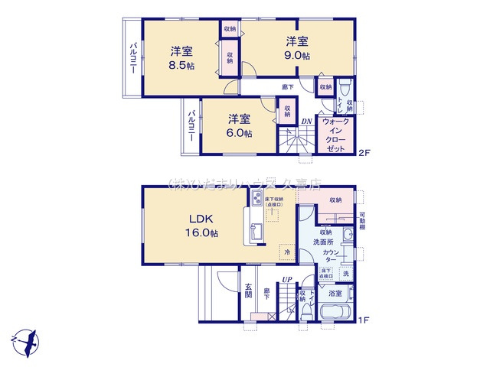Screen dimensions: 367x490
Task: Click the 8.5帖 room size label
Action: point(181,66)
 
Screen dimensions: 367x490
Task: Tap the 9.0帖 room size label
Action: point(298,56)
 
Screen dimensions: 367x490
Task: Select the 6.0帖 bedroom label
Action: point(239,132)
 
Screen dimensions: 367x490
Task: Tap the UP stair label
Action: point(287,279)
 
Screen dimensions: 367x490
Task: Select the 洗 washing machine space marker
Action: point(346,274)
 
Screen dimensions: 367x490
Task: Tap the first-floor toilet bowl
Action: point(308,310)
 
